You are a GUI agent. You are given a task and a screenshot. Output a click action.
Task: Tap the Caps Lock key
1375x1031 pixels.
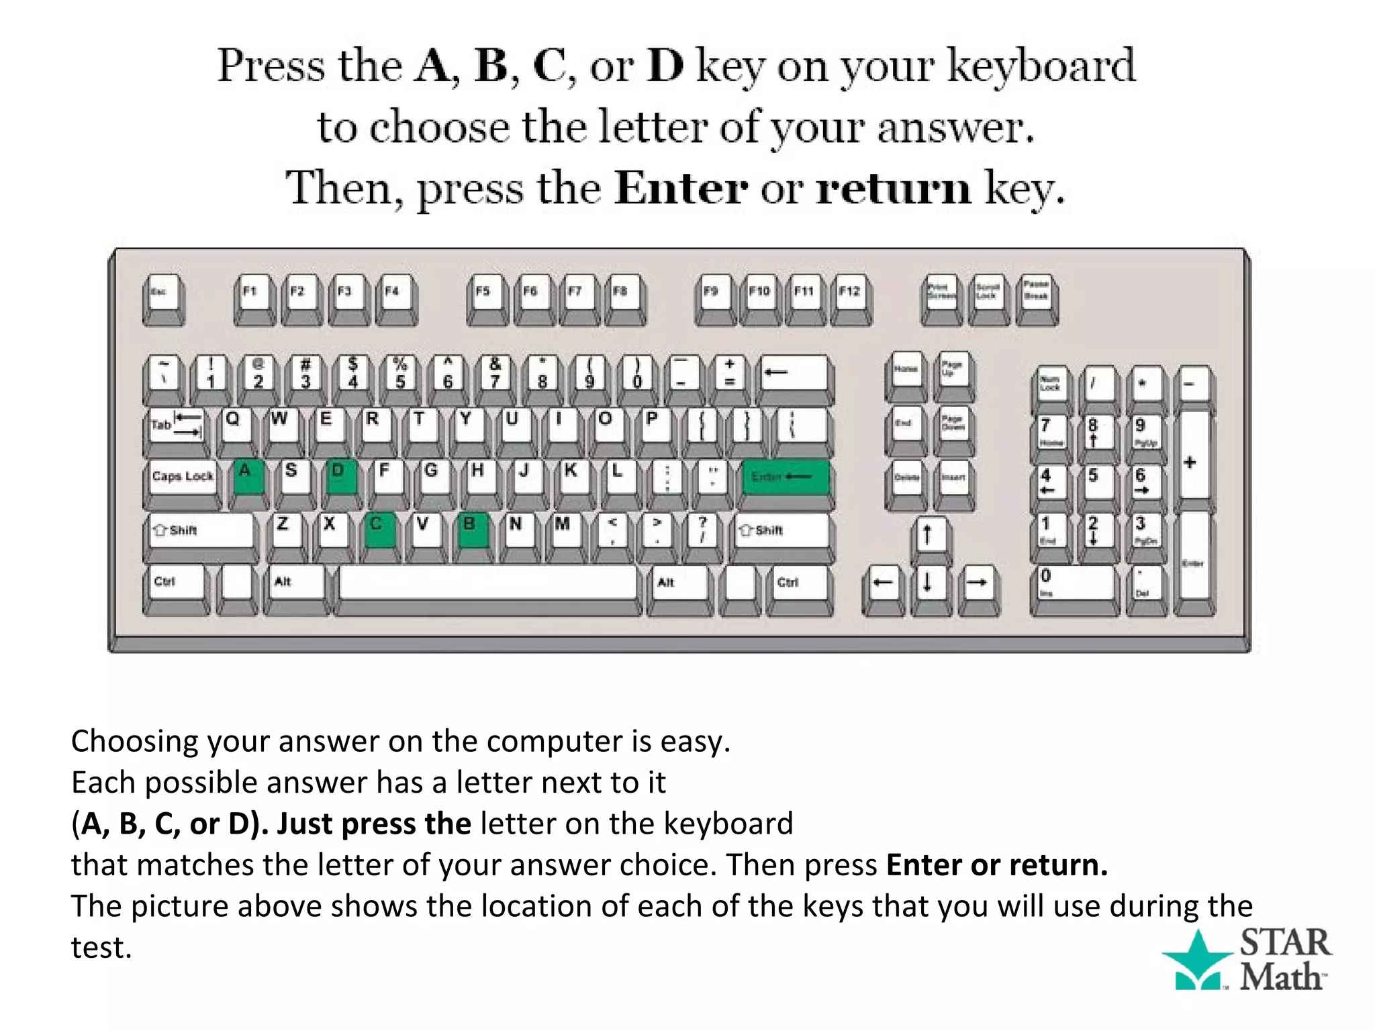[x=183, y=477]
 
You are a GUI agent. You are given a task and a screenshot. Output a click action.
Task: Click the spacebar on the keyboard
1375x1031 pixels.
[x=487, y=583]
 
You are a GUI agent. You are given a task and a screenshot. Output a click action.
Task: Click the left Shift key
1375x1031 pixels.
[x=200, y=531]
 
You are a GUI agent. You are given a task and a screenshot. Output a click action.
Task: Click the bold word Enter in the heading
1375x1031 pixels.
[x=681, y=189]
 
